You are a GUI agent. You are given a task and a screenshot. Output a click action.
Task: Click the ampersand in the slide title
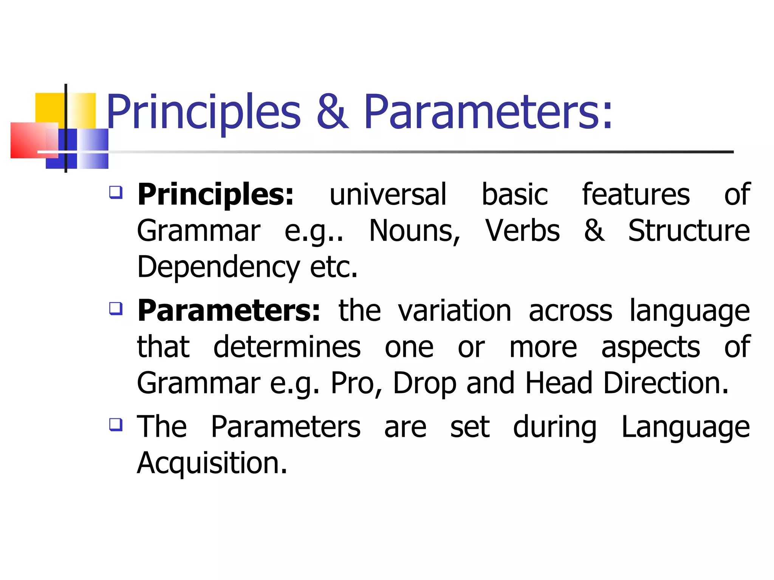332,112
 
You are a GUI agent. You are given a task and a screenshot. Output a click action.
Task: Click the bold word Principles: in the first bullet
215,195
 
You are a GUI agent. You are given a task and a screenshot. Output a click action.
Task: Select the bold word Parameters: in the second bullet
229,311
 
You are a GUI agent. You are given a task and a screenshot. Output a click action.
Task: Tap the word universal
388,195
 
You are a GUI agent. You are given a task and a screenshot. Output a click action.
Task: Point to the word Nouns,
415,231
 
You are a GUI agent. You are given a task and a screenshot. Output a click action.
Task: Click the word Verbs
522,231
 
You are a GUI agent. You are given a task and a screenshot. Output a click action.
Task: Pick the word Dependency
218,267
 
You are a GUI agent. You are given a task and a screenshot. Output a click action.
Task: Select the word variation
455,311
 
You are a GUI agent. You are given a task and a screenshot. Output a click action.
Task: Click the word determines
287,347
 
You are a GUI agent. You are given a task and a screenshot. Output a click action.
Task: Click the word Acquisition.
212,463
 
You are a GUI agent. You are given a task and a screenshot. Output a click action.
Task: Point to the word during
555,427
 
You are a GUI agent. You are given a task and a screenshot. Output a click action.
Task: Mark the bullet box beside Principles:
116,192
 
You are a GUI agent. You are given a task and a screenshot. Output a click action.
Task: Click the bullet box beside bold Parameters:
116,309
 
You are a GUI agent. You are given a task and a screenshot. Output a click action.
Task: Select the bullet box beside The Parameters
116,424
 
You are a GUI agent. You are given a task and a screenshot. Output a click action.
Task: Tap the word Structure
689,231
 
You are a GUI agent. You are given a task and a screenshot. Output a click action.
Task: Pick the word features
636,195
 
